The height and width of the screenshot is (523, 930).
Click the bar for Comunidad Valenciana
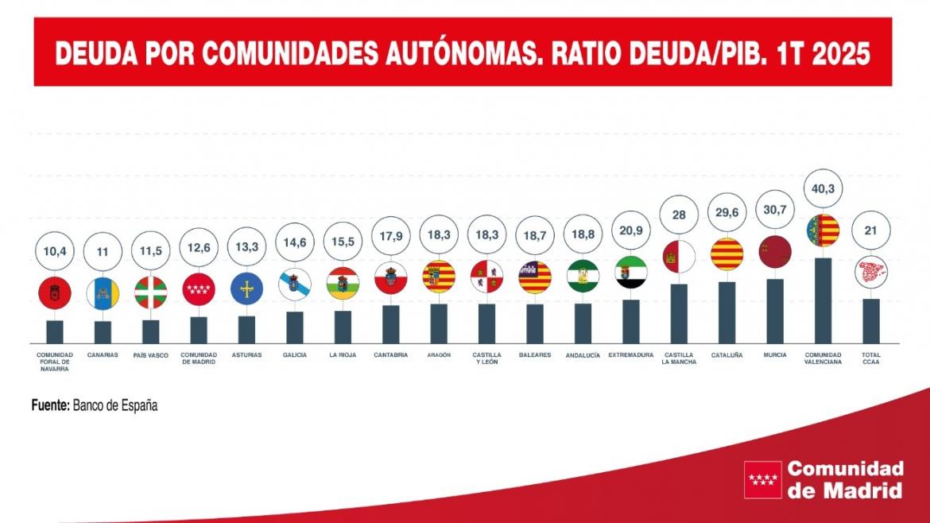click(x=822, y=300)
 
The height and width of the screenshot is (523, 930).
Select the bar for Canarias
click(x=103, y=331)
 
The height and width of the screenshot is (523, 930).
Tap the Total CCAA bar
click(x=870, y=320)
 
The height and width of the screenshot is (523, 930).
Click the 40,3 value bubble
click(x=822, y=188)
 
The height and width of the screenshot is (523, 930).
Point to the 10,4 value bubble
click(x=55, y=250)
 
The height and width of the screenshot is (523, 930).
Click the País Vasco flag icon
click(x=151, y=292)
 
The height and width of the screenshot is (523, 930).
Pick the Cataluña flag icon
click(x=727, y=254)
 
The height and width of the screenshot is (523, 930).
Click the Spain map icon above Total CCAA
click(x=870, y=272)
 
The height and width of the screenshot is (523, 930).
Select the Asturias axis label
click(x=246, y=355)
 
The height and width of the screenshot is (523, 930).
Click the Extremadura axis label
click(x=631, y=355)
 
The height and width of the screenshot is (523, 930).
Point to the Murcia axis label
click(x=774, y=355)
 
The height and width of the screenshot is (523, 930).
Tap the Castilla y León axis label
click(x=486, y=358)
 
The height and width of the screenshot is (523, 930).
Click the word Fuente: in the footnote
click(x=50, y=405)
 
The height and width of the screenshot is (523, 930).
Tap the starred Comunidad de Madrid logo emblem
click(x=761, y=479)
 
